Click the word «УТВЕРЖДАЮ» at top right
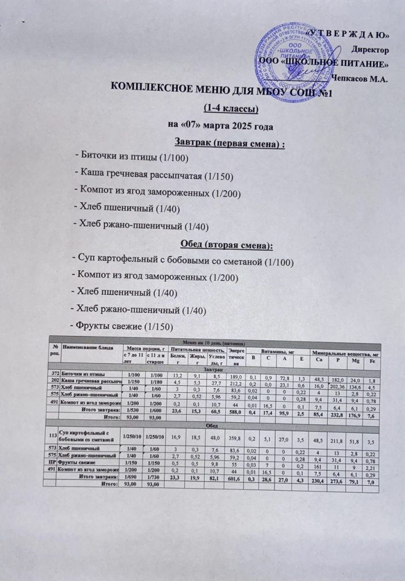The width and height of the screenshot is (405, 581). (x=347, y=32)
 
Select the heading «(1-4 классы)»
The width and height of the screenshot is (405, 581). (x=229, y=108)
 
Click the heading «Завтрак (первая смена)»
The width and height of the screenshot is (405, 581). (x=229, y=141)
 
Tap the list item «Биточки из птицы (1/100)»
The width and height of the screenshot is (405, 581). (x=132, y=157)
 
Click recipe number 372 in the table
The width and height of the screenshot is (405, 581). (x=55, y=374)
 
